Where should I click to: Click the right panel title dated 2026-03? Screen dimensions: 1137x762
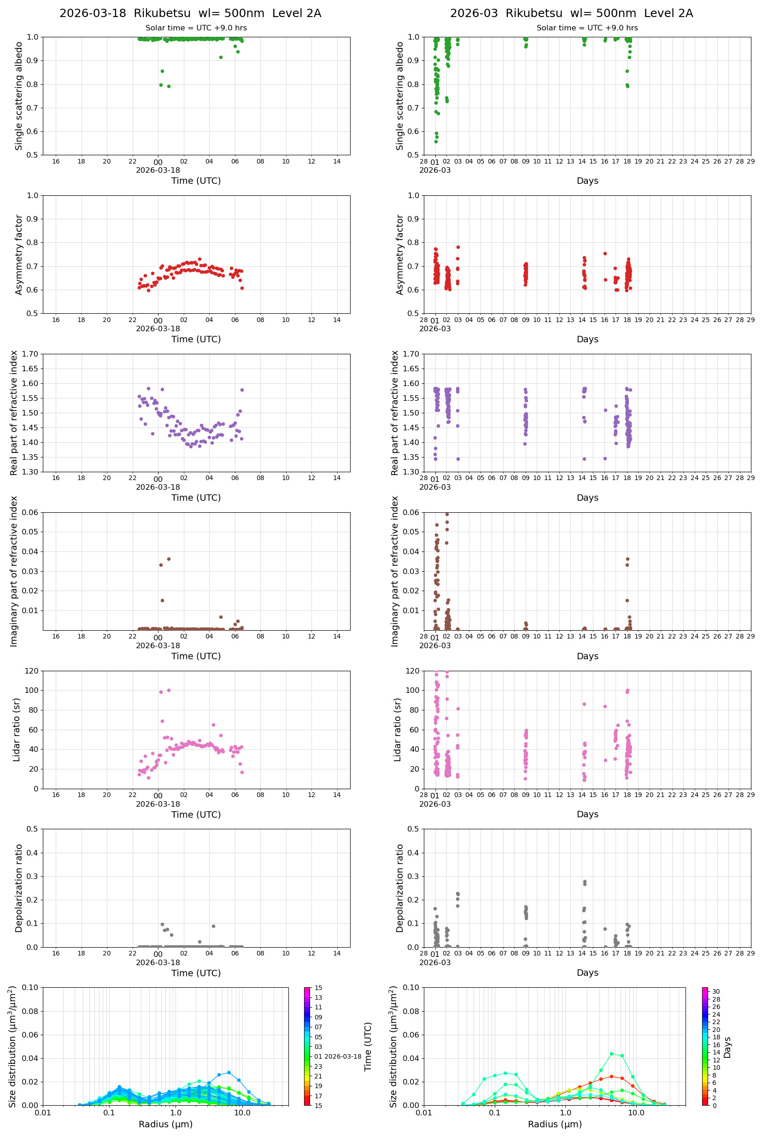tap(571, 13)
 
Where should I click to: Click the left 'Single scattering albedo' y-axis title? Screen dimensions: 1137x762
tap(19, 96)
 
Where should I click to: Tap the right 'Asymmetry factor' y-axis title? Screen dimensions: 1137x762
tap(400, 255)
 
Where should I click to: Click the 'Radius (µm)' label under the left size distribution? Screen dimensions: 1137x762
tap(165, 1124)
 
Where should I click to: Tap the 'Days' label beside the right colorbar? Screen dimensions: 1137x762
tap(727, 1048)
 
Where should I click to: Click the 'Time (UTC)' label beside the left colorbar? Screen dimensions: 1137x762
tap(368, 1047)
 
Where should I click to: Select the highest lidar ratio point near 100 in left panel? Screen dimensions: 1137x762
tap(169, 690)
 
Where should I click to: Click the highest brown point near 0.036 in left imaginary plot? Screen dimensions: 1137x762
tap(169, 559)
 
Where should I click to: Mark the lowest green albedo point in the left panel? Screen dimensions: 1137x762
tap(169, 87)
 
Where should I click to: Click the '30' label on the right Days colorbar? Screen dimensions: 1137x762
tap(716, 992)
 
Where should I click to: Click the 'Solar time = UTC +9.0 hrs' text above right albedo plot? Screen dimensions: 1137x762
tap(587, 28)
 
